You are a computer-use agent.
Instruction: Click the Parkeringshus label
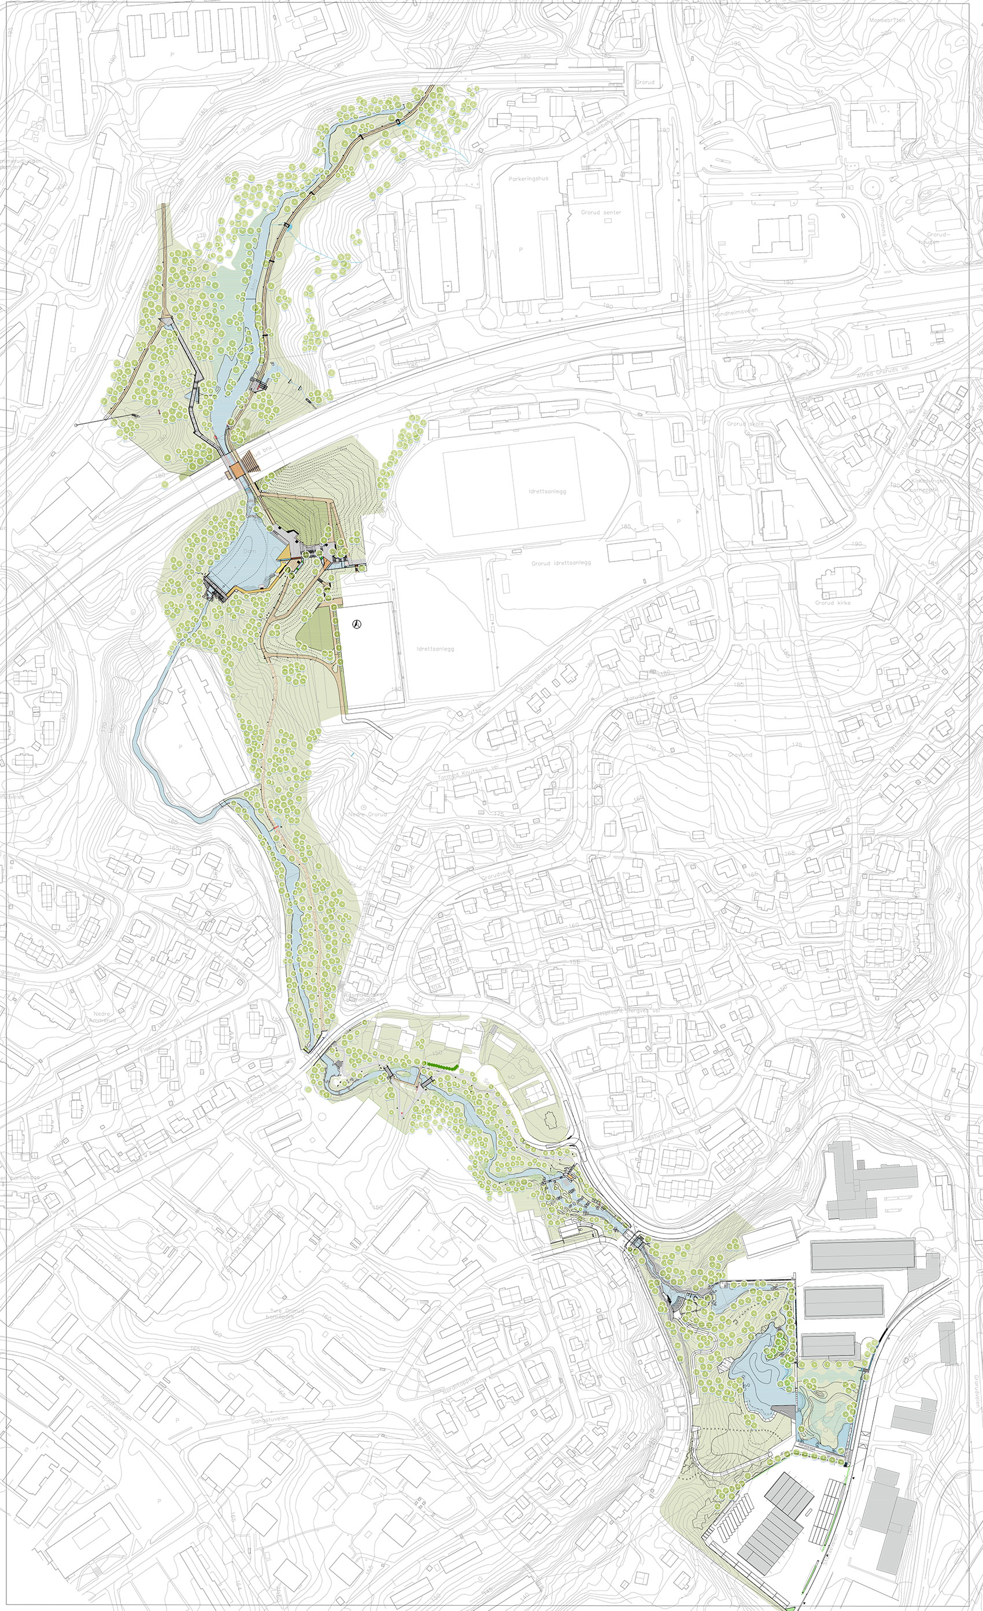[x=528, y=178]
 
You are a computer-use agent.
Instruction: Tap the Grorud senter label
[x=601, y=212]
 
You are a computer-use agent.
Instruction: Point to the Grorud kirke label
[x=833, y=602]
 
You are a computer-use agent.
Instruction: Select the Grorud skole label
[x=745, y=424]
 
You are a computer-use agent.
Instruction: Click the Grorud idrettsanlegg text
[x=560, y=562]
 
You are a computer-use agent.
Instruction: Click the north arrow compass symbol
[x=356, y=625]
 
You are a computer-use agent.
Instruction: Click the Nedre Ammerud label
[x=104, y=1016]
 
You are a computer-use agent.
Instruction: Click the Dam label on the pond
[x=249, y=551]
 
